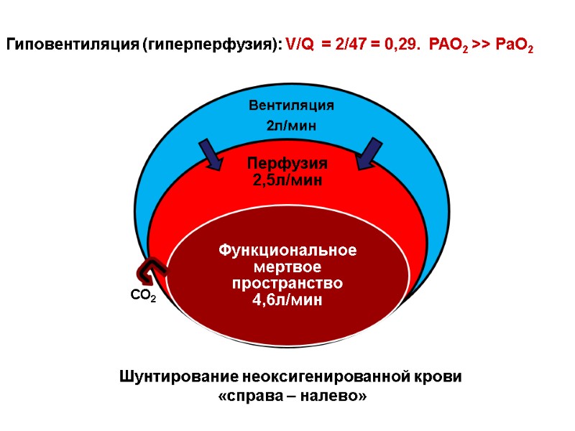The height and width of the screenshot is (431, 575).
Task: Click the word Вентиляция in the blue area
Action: [x=291, y=106]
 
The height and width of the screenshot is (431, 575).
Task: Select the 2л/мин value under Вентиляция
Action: [x=291, y=126]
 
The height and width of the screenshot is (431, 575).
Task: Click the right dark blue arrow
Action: [x=369, y=154]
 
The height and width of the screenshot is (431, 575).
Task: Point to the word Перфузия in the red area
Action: [x=287, y=163]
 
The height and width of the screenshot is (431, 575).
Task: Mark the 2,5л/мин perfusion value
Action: [x=287, y=180]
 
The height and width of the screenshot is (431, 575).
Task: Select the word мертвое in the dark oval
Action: [x=287, y=267]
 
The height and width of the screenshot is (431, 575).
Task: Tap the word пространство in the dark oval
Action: [x=287, y=284]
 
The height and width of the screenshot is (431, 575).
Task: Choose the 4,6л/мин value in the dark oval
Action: [x=287, y=300]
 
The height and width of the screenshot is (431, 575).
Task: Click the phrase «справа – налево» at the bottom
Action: [x=291, y=396]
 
